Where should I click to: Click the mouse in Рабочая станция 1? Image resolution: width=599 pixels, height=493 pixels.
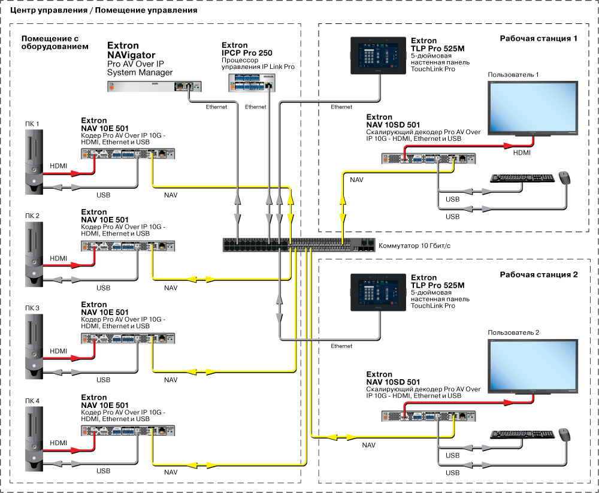click(x=564, y=177)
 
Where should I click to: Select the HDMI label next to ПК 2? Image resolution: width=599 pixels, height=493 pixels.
click(x=59, y=258)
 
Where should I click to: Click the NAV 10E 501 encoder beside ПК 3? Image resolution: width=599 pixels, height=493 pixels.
click(x=128, y=338)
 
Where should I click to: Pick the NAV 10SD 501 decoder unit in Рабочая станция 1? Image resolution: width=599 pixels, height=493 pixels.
click(x=429, y=158)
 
